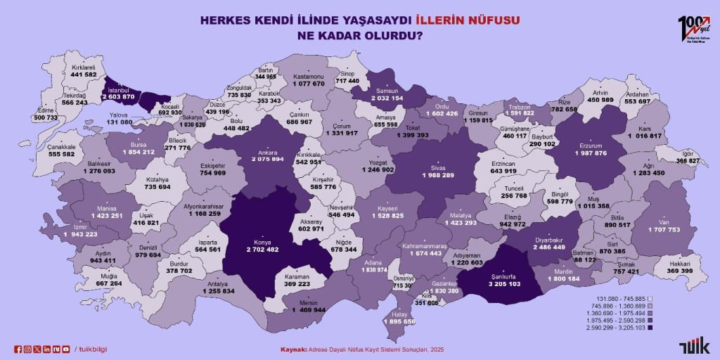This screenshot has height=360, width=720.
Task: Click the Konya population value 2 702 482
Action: pos(263,249)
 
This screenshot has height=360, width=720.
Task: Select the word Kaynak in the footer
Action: pos(293,349)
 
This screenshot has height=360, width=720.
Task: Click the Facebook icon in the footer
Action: pos(18,349)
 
